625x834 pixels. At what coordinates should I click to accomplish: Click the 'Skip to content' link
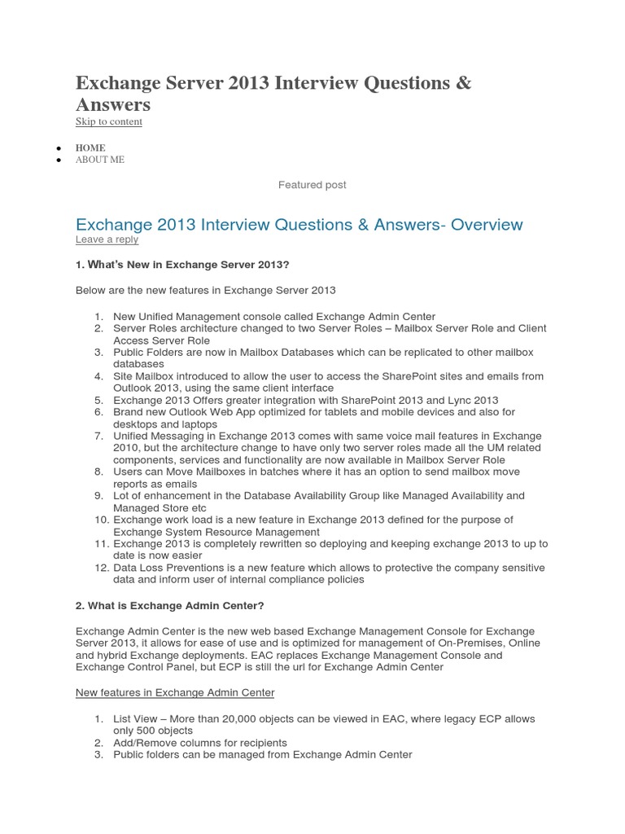click(x=108, y=122)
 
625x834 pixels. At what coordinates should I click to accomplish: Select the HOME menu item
click(x=90, y=147)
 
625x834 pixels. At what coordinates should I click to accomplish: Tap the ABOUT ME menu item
click(x=100, y=160)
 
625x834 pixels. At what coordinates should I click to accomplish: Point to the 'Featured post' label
click(x=312, y=185)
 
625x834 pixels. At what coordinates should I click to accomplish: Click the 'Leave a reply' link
click(x=107, y=239)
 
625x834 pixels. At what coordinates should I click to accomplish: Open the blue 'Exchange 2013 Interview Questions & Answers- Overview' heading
click(x=299, y=224)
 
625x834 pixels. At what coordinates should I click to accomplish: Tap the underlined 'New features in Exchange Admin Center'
click(x=175, y=692)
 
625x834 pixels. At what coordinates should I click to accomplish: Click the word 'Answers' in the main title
click(x=113, y=105)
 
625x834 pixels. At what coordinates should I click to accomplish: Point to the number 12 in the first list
click(x=98, y=568)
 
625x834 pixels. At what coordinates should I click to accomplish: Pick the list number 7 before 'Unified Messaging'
click(x=98, y=436)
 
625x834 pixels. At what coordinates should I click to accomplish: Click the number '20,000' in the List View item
click(x=236, y=719)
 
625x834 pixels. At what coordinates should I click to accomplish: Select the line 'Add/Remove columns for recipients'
click(x=200, y=743)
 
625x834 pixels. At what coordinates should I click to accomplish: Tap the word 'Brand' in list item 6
click(x=128, y=412)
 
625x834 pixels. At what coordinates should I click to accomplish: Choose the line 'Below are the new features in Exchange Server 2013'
click(x=205, y=290)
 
